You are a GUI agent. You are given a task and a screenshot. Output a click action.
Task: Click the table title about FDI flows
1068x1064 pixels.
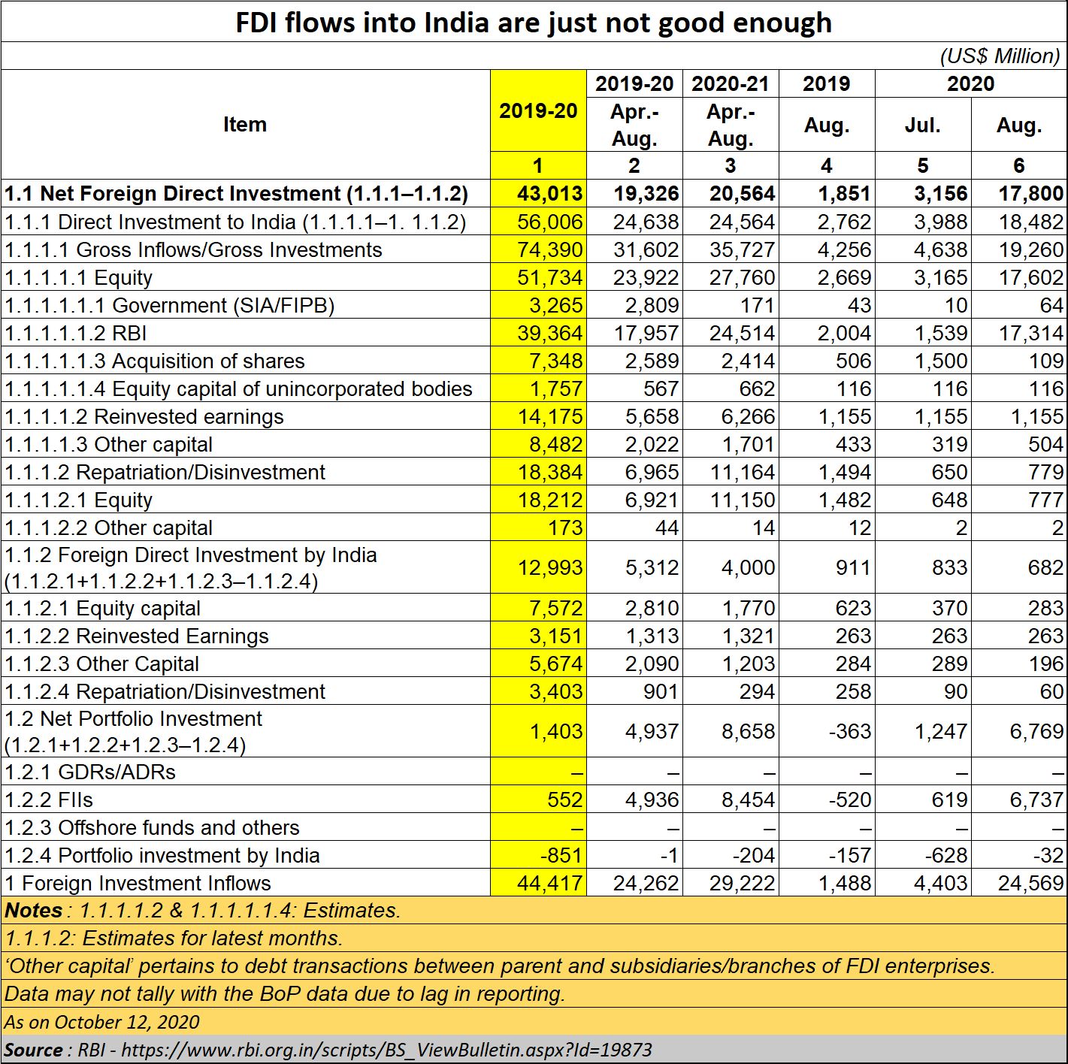tap(534, 23)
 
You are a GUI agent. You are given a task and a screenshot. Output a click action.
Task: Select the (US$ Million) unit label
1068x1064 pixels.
tap(1000, 56)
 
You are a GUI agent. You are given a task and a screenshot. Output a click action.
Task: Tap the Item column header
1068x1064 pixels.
tap(245, 124)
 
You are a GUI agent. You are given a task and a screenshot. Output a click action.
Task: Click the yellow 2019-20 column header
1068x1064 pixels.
tap(538, 111)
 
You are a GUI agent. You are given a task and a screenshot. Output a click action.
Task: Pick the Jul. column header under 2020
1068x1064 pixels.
tap(923, 125)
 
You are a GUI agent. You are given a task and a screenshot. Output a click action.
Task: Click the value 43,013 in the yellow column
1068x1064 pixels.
tap(550, 193)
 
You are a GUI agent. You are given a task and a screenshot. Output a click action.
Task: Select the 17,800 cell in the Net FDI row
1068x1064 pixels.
tap(1031, 193)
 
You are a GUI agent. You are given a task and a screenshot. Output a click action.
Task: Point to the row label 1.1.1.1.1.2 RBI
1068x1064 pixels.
tap(76, 333)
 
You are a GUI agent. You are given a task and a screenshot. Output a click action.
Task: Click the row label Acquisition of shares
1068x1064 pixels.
tap(208, 361)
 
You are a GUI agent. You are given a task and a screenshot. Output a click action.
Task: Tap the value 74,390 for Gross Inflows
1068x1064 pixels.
tap(550, 249)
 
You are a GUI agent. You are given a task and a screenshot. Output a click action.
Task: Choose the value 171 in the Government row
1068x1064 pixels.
tap(757, 305)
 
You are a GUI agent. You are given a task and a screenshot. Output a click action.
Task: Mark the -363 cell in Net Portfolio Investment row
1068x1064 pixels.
tap(849, 731)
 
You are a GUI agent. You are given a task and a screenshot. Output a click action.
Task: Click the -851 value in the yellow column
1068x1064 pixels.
tap(561, 855)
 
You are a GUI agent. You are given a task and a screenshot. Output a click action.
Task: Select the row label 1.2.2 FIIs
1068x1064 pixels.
tap(49, 800)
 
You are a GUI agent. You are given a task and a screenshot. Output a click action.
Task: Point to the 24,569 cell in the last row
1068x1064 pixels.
tap(1031, 883)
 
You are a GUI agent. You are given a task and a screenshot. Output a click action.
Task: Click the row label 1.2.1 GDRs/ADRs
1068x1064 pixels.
tap(89, 772)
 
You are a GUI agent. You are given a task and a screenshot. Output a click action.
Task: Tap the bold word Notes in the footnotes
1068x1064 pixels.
tap(33, 911)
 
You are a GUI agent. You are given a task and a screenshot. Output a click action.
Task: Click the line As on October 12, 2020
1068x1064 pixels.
tap(101, 1022)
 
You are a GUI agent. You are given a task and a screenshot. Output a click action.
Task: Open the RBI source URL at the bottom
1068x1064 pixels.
tap(387, 1050)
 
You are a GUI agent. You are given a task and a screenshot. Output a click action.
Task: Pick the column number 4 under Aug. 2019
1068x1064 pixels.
tap(826, 165)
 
